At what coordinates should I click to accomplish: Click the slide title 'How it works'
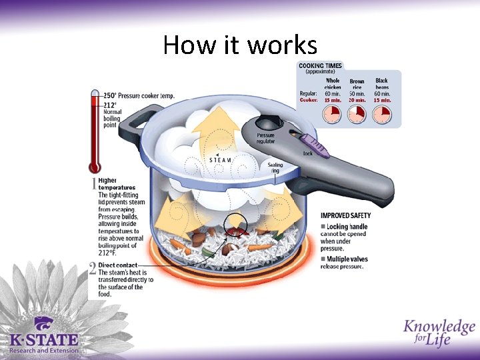click(240, 45)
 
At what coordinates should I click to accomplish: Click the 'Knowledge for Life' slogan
click(438, 332)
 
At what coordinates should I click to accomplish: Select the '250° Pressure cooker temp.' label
click(138, 96)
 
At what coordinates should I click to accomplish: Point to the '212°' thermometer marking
click(110, 105)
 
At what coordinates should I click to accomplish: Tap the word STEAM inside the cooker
click(221, 160)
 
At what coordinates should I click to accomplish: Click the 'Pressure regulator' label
click(266, 138)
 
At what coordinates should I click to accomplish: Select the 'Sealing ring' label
click(275, 167)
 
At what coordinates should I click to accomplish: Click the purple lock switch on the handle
click(315, 144)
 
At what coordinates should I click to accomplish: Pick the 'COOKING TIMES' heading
click(321, 66)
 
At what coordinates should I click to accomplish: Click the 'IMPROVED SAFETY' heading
click(346, 215)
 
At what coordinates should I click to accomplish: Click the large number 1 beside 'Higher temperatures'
click(93, 185)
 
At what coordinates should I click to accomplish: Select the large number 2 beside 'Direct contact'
click(93, 269)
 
